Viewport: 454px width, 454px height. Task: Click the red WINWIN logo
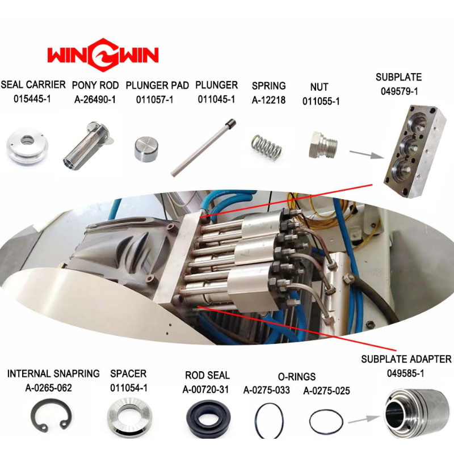(103, 54)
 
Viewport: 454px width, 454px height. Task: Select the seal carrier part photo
(27, 146)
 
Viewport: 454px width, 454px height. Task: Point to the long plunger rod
(203, 148)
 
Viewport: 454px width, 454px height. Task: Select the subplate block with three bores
(415, 152)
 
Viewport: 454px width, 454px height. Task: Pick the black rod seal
(208, 418)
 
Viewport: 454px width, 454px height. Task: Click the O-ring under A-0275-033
(256, 420)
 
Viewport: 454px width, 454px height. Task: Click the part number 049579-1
(400, 91)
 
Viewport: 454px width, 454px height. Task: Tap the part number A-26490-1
(95, 100)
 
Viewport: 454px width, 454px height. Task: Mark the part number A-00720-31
(206, 390)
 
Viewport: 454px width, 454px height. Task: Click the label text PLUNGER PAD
(157, 86)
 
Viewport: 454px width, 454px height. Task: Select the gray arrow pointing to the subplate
(367, 154)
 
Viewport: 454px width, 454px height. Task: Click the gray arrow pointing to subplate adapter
(364, 419)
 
